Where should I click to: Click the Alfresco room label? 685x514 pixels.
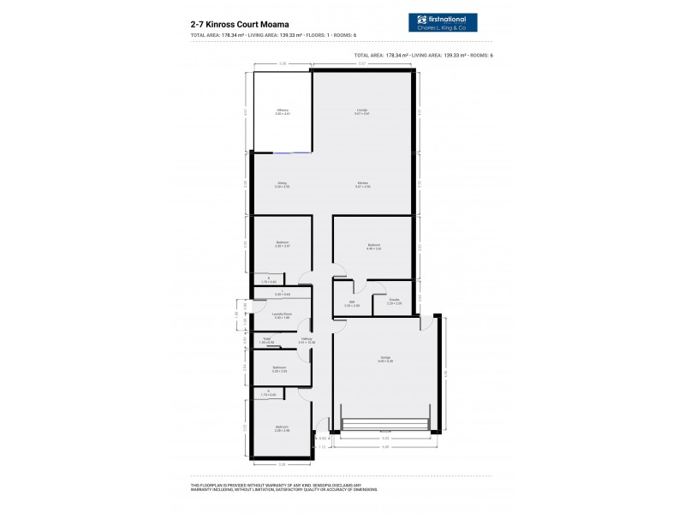pyautogui.click(x=283, y=111)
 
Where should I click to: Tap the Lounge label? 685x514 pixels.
pyautogui.click(x=363, y=111)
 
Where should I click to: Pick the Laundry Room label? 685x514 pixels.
pyautogui.click(x=283, y=316)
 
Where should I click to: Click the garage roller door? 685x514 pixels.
pyautogui.click(x=384, y=425)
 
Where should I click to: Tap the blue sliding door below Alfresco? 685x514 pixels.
pyautogui.click(x=293, y=153)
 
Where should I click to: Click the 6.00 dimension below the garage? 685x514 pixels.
pyautogui.click(x=385, y=447)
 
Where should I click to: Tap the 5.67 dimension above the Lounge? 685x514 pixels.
pyautogui.click(x=362, y=64)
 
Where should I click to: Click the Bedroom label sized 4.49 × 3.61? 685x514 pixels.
pyautogui.click(x=373, y=247)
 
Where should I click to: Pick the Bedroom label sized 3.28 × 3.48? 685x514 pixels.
pyautogui.click(x=282, y=427)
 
